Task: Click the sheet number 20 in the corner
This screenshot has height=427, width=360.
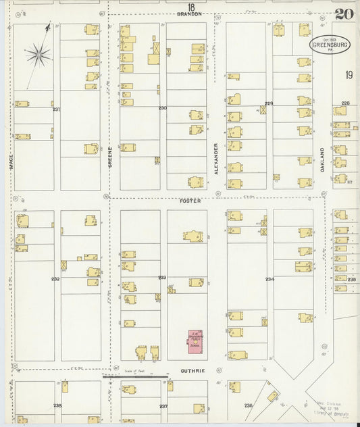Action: click(344, 14)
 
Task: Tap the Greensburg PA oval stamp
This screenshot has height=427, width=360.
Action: click(330, 45)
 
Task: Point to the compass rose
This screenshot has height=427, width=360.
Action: click(39, 53)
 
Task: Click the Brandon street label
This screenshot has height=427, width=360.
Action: click(190, 14)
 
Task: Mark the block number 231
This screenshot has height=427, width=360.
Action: click(56, 109)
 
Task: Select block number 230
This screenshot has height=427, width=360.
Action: click(162, 108)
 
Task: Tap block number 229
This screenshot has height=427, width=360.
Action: click(268, 103)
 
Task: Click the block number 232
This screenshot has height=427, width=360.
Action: click(55, 278)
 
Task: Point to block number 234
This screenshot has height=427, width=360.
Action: click(269, 279)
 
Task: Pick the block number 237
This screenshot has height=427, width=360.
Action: click(163, 406)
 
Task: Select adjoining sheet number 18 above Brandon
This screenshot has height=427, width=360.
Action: click(191, 7)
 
